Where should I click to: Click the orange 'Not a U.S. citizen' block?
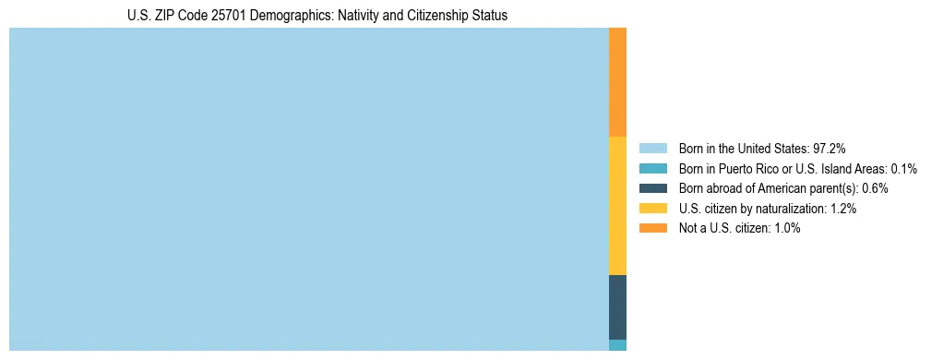(617, 82)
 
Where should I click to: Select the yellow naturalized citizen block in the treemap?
(617, 205)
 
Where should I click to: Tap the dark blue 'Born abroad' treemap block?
(617, 306)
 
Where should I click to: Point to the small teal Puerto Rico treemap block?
(617, 345)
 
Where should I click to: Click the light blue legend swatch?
(652, 149)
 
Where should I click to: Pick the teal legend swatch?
(652, 169)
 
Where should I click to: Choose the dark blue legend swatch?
(652, 188)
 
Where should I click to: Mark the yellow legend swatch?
(652, 209)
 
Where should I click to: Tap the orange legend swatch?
(652, 228)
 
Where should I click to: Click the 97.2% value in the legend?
(829, 149)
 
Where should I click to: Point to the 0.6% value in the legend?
(875, 188)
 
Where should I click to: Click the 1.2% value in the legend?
(842, 209)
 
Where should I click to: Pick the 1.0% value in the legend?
(786, 228)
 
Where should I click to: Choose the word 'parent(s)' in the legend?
(832, 188)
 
